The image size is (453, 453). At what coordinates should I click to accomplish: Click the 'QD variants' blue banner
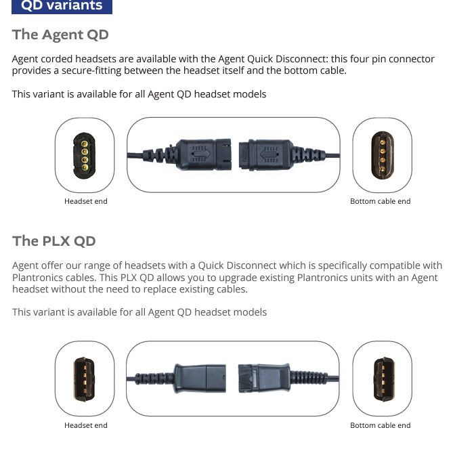click(x=62, y=6)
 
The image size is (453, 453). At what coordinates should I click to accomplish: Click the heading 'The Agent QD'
click(x=60, y=35)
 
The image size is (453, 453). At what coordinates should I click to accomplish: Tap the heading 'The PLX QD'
click(x=53, y=241)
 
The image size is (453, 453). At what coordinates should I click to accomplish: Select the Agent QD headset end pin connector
click(x=85, y=156)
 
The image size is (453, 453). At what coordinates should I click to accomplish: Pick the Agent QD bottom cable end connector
click(x=383, y=156)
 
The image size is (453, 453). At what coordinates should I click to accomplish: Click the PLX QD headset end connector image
click(x=85, y=379)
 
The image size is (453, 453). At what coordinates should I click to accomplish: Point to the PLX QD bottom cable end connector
click(x=383, y=379)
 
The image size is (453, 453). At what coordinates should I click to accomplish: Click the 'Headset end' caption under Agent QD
click(x=86, y=201)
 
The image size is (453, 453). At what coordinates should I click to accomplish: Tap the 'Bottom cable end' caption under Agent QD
click(x=380, y=201)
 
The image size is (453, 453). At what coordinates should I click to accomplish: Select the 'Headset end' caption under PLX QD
click(x=86, y=425)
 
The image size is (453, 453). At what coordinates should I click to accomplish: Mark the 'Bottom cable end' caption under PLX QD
click(x=380, y=425)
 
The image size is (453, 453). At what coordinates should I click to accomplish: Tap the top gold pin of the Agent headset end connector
click(x=85, y=144)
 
